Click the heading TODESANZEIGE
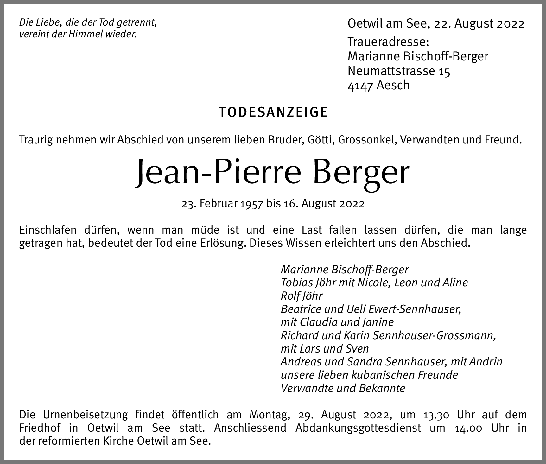point(273,112)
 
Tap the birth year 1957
point(252,204)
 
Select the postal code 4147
point(360,86)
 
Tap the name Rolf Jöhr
point(302,296)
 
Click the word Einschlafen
point(48,230)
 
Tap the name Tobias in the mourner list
point(296,283)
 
